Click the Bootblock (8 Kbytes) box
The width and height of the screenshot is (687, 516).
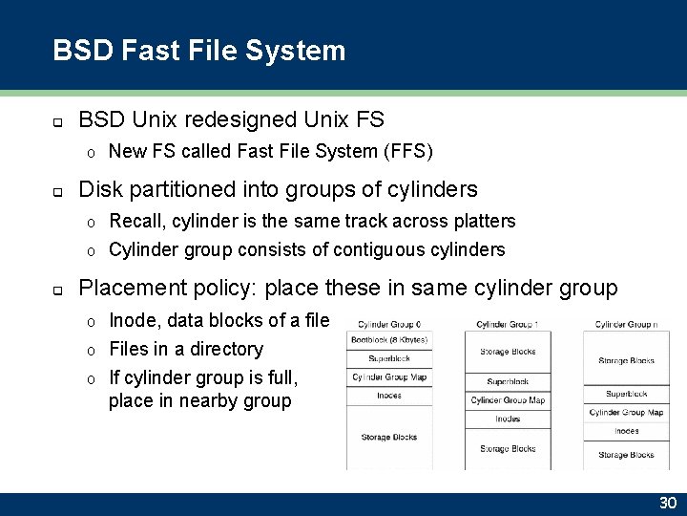[388, 339]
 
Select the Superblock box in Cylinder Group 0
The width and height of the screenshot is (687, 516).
[388, 358]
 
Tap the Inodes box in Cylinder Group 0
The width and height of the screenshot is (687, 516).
[388, 395]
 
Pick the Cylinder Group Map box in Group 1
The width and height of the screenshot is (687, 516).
[508, 400]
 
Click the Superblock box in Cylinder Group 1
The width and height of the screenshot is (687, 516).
[508, 381]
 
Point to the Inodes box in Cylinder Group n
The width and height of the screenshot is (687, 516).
[626, 431]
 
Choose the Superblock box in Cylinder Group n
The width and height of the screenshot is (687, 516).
[626, 394]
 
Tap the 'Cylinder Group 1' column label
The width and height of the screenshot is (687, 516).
[508, 324]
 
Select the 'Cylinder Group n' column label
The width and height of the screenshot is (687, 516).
[626, 324]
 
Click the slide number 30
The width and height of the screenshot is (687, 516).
[667, 504]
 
